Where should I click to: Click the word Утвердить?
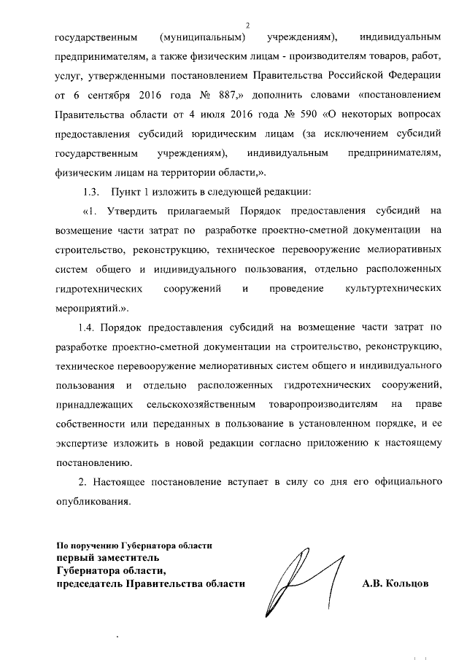(128, 212)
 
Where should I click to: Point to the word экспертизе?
(84, 443)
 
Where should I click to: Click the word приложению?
(348, 443)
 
